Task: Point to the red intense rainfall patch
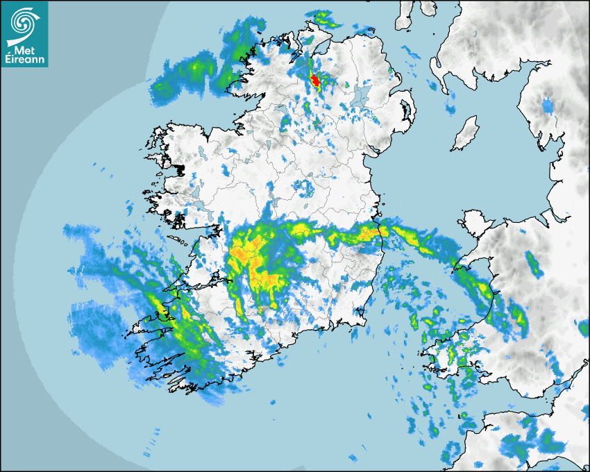(316, 82)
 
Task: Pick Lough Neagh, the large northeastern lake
(360, 97)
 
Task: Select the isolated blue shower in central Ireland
(303, 187)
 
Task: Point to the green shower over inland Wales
(534, 263)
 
